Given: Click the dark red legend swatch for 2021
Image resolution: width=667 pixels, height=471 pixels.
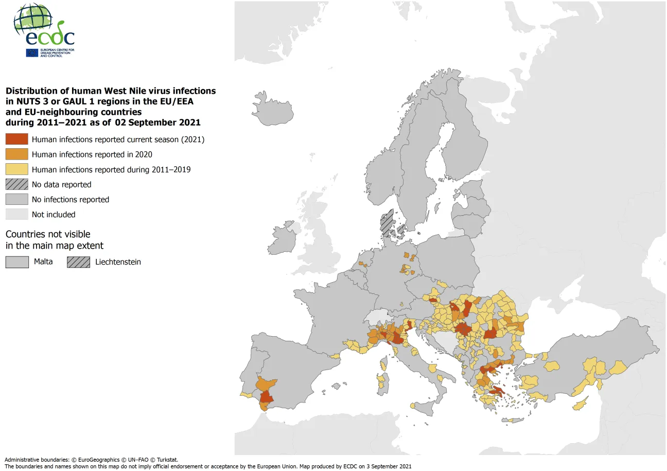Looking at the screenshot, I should click(x=16, y=139).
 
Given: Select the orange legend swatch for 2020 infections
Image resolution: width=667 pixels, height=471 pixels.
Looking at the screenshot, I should click(x=16, y=154).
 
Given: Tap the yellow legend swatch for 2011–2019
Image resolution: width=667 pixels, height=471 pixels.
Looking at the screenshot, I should click(x=16, y=169).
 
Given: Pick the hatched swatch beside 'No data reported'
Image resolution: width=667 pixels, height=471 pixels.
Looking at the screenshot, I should click(x=16, y=184).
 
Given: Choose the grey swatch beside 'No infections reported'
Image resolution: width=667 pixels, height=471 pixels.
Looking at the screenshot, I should click(x=16, y=199).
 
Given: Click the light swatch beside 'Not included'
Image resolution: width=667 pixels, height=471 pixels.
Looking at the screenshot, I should click(x=16, y=214).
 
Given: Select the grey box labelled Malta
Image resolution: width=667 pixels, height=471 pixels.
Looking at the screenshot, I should click(x=16, y=261).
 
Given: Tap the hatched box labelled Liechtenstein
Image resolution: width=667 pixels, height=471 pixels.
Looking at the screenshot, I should click(x=78, y=261).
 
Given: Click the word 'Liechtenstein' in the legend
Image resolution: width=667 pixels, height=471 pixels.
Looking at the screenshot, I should click(x=118, y=261).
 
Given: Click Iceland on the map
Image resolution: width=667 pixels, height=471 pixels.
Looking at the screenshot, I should click(x=276, y=109).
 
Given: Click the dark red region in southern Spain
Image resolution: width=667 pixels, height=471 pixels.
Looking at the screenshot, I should click(x=267, y=397).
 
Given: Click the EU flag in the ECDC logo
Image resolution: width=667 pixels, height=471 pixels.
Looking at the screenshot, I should click(x=32, y=53).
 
